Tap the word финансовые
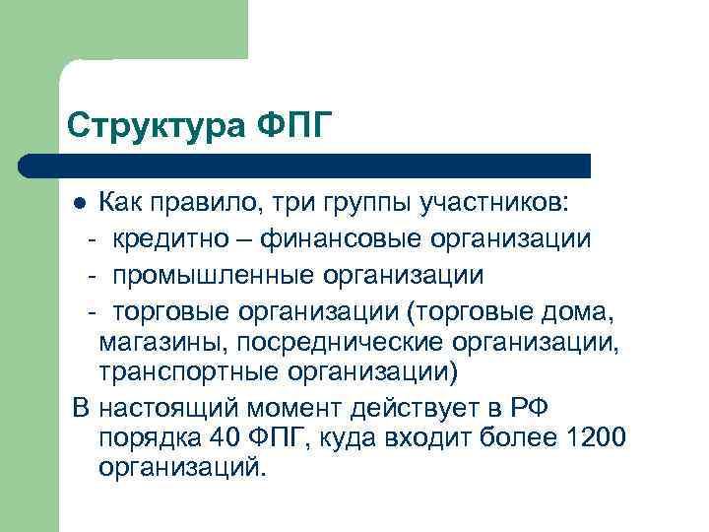point(337,238)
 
